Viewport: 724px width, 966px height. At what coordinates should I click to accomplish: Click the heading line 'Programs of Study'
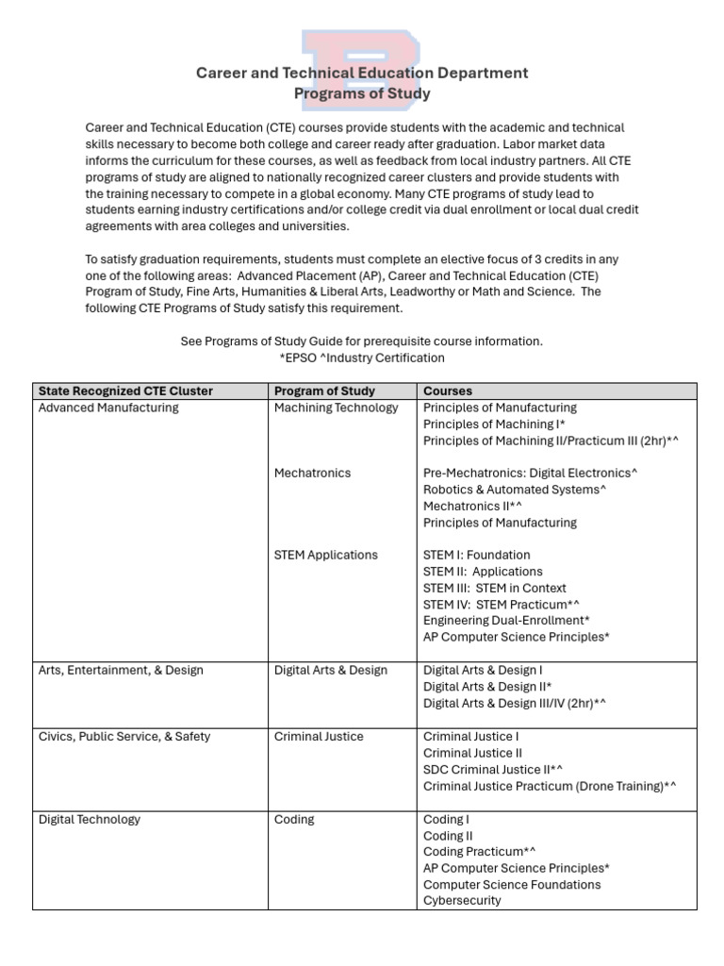point(362,93)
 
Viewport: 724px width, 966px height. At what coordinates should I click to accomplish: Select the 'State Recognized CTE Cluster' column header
point(125,391)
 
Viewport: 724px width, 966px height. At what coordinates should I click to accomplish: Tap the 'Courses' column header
point(448,391)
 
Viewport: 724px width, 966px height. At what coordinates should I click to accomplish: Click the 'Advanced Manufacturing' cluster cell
point(108,408)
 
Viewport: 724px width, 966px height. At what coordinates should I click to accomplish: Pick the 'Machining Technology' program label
point(337,408)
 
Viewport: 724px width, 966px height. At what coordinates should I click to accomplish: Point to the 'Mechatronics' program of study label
point(312,473)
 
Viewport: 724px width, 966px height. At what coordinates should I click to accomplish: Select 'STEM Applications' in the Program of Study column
point(325,555)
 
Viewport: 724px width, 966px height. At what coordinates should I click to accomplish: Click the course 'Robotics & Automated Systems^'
point(515,490)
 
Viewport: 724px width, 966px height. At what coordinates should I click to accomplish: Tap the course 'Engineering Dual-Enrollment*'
point(506,621)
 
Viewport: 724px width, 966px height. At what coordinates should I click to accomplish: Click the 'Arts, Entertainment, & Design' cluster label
point(121,671)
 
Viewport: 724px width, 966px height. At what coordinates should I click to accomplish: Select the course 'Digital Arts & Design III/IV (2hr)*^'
point(515,703)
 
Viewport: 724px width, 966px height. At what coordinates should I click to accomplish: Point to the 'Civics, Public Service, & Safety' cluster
point(124,737)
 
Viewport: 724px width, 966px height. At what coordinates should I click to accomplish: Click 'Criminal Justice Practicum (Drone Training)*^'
point(550,786)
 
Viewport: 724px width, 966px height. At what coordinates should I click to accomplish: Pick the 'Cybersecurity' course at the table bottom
point(462,901)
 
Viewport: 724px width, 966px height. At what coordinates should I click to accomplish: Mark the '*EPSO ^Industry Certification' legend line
point(362,358)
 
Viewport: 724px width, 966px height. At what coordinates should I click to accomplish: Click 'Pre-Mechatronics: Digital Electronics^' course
point(531,473)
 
